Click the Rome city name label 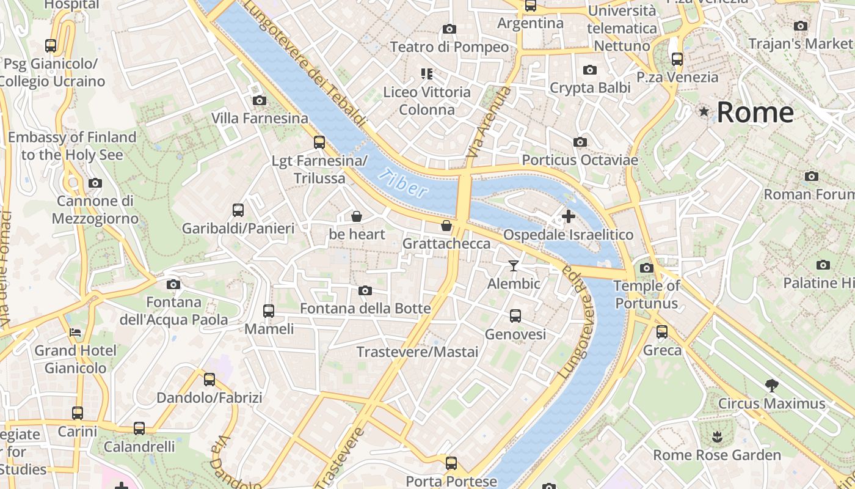755,112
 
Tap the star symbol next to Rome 704,111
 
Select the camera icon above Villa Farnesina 259,100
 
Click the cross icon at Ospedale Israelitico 568,216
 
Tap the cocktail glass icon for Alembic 514,265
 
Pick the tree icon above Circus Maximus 771,385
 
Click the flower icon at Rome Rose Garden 716,436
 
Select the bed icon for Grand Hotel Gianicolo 75,333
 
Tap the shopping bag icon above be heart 357,216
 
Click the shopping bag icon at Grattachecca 446,226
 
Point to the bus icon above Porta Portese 451,463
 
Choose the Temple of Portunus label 647,294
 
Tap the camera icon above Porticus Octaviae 580,142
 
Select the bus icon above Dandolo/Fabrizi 209,379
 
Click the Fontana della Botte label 365,309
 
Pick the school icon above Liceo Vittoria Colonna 427,74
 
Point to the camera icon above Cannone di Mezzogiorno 95,183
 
